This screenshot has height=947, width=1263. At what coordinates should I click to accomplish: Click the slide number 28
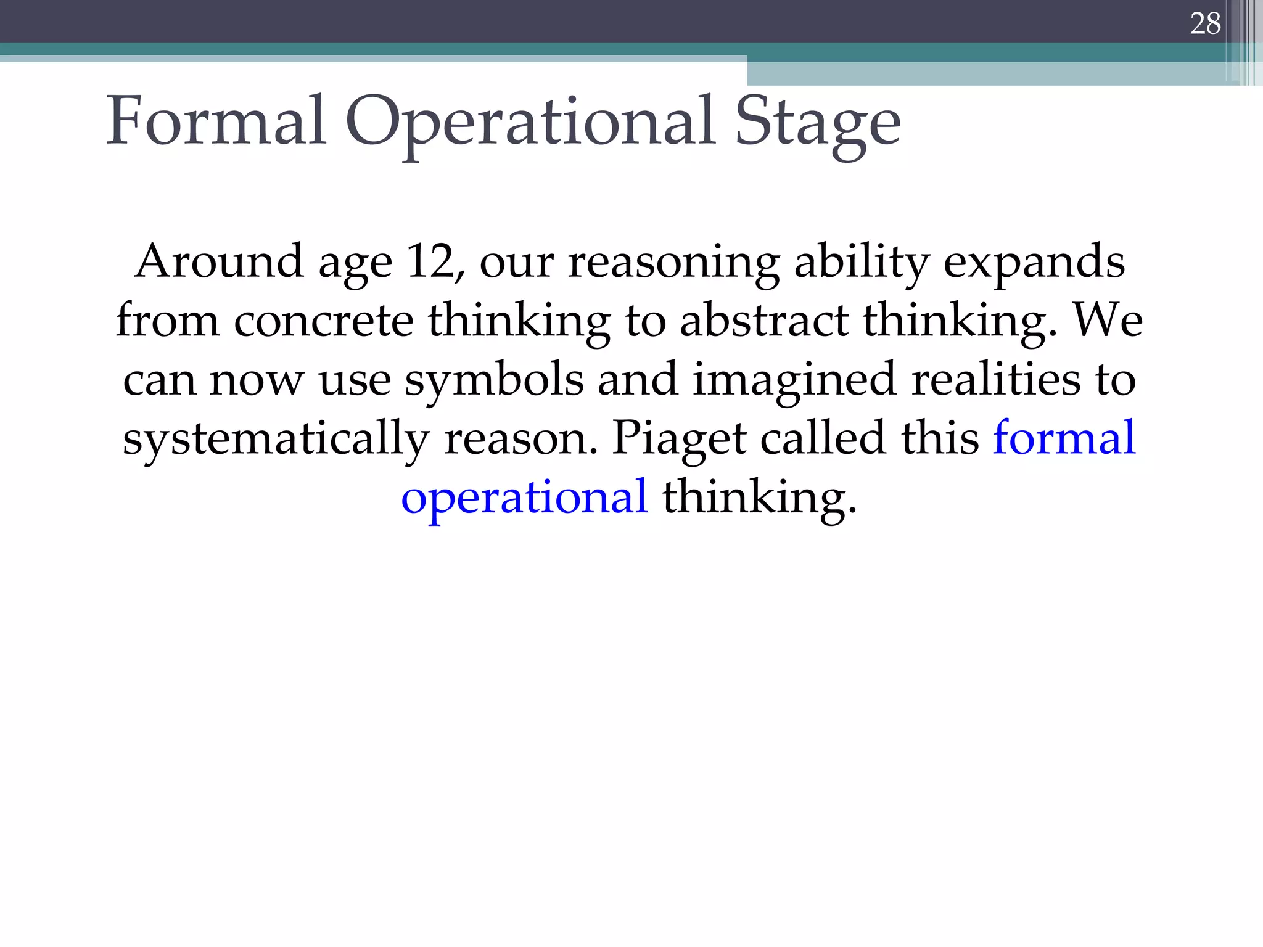[1205, 24]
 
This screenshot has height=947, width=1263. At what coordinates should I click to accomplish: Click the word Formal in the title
[216, 121]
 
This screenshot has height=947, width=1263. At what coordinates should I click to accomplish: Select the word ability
[861, 261]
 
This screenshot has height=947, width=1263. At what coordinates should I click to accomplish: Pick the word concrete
[323, 321]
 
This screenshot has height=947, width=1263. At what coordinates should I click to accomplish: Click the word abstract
[764, 321]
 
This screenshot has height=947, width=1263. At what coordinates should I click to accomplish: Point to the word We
[1108, 321]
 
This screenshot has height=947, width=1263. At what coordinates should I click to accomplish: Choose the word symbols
[494, 380]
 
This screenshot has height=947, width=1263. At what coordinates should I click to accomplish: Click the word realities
[995, 380]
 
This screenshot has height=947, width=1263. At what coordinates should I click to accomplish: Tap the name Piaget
[679, 438]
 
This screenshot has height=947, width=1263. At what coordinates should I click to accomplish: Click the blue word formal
[1064, 438]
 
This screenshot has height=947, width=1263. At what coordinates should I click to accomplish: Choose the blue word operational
[524, 497]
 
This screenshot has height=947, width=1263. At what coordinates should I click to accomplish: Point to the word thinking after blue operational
[759, 497]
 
